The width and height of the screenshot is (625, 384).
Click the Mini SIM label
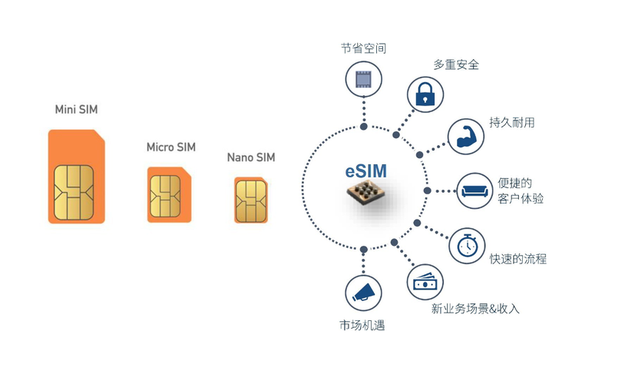pos(76,110)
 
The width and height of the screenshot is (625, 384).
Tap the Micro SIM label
pos(171,147)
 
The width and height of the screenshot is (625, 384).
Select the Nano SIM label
pos(250,157)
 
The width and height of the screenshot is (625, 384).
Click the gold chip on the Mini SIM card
pos(74,191)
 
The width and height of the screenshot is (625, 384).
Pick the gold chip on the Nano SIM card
pos(250,200)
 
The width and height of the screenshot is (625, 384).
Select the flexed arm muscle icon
pos(465,137)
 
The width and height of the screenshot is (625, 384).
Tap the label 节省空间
pos(363,48)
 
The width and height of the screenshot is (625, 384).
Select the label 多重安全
pos(456,65)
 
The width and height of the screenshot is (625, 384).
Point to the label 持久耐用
pos(512,122)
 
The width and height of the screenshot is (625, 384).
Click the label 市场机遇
pos(362,325)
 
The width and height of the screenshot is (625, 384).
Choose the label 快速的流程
pos(518,259)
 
